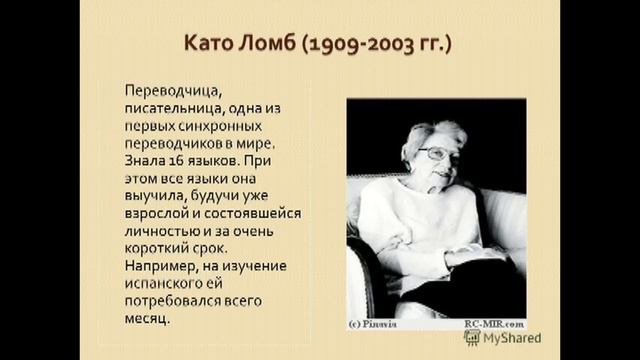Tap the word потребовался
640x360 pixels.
(x=176, y=305)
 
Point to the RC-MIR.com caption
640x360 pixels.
(x=493, y=323)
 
